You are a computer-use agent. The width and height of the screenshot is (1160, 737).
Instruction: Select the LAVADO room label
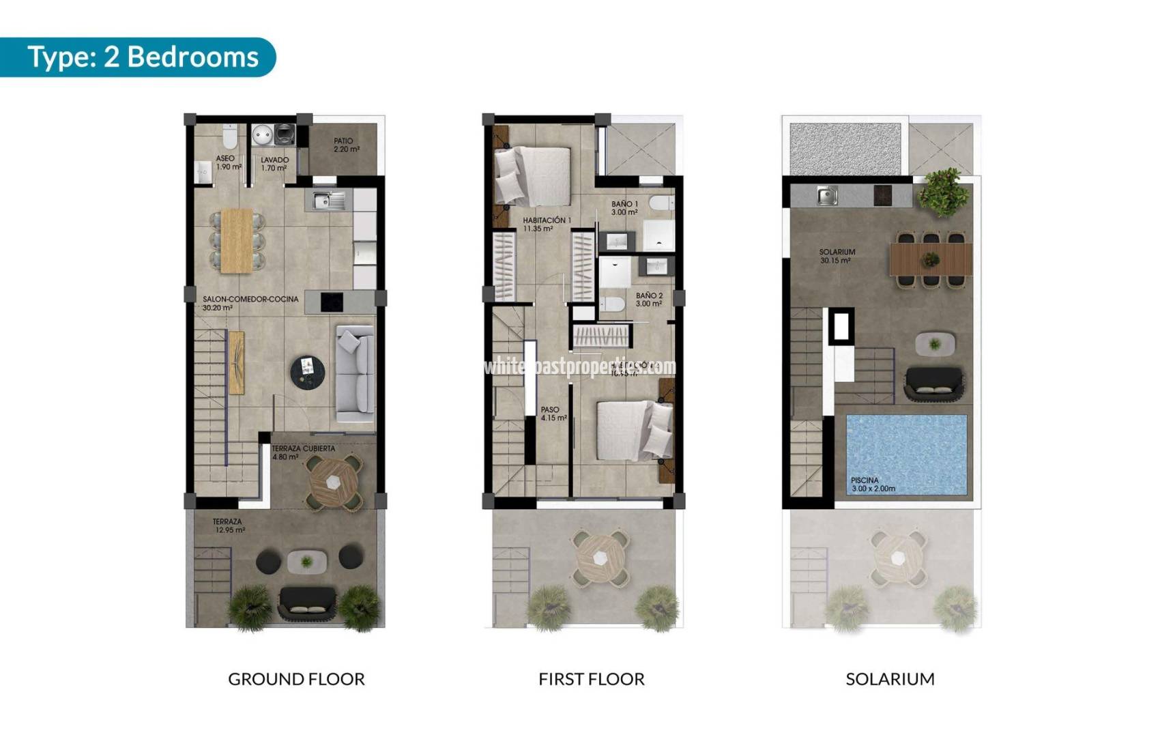tap(274, 164)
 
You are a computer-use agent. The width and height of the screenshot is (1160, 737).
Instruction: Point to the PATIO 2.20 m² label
tap(346, 145)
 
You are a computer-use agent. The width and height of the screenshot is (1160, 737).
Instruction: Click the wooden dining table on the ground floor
tap(237, 240)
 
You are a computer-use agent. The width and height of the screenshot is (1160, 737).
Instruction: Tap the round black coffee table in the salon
tap(308, 373)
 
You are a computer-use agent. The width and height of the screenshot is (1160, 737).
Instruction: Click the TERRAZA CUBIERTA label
tap(302, 452)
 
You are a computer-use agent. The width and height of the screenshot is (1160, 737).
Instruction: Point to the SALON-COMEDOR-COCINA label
tap(250, 303)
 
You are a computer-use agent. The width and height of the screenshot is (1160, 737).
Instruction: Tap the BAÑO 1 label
tap(624, 207)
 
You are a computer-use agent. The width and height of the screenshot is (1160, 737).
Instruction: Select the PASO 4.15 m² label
tap(553, 414)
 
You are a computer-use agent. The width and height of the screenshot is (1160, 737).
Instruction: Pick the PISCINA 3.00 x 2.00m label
tap(873, 485)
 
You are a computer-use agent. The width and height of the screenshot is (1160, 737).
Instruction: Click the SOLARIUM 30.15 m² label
tap(837, 256)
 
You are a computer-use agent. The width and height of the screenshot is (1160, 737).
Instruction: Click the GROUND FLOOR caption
tap(296, 679)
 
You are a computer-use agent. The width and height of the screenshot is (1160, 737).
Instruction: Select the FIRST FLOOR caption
tap(591, 679)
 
